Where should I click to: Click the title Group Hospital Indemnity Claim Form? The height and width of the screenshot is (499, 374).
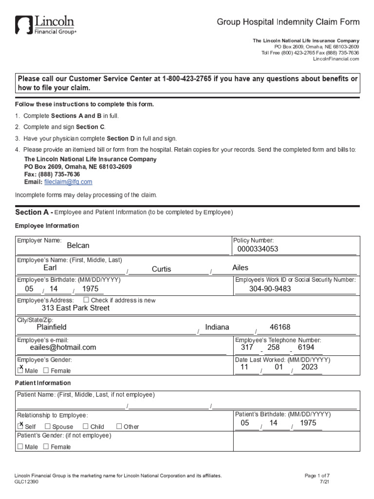[x=288, y=22]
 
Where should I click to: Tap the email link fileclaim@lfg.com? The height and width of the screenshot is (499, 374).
[x=68, y=182]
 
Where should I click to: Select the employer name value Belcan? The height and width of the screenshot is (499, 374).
[x=78, y=246]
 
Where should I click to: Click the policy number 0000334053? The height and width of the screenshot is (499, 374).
[x=258, y=249]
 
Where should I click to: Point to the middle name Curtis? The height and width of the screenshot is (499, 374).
[x=161, y=269]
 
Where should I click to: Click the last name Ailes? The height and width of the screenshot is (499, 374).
[x=240, y=268]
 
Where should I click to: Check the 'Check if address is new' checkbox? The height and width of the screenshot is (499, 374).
[x=86, y=300]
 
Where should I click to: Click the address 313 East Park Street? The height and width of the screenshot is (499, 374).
[x=75, y=308]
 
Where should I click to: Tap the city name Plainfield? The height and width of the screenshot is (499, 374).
[x=52, y=327]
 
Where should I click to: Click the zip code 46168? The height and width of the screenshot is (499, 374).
[x=280, y=327]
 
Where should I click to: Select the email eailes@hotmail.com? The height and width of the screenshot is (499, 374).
[x=63, y=347]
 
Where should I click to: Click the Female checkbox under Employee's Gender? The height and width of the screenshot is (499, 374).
[x=46, y=371]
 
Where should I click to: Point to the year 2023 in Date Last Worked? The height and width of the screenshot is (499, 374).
[x=309, y=367]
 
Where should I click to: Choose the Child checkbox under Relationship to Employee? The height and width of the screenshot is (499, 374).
[x=85, y=426]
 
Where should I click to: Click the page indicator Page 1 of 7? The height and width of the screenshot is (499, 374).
[x=317, y=475]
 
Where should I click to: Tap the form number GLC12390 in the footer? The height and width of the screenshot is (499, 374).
[x=27, y=481]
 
